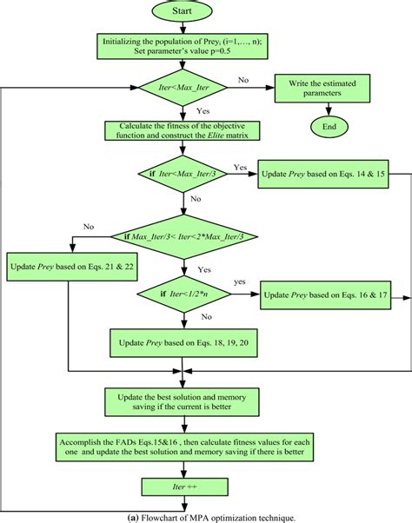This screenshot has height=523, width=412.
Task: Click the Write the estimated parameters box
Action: coord(322,87)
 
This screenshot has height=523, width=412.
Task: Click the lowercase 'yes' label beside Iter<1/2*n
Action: coord(239,282)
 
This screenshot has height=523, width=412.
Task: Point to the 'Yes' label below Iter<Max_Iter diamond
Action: coord(203,110)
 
